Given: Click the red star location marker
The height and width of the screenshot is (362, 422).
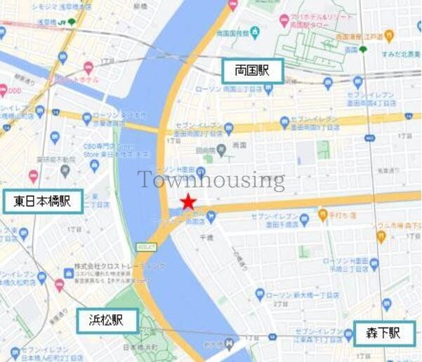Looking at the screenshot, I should [187, 202].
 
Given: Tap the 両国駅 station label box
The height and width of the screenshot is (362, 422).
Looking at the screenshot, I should [253, 71].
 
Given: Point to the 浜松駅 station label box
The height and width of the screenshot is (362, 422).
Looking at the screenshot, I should [107, 320].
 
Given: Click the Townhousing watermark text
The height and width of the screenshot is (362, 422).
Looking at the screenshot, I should [211, 180].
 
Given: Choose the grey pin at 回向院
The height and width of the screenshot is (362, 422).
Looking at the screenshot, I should [221, 149].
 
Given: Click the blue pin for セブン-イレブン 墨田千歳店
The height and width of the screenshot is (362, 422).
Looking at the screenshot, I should [304, 220].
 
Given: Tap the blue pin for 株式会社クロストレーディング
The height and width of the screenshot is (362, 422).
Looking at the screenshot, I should [68, 270].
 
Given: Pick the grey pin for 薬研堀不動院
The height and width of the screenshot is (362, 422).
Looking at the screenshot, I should [65, 170].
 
